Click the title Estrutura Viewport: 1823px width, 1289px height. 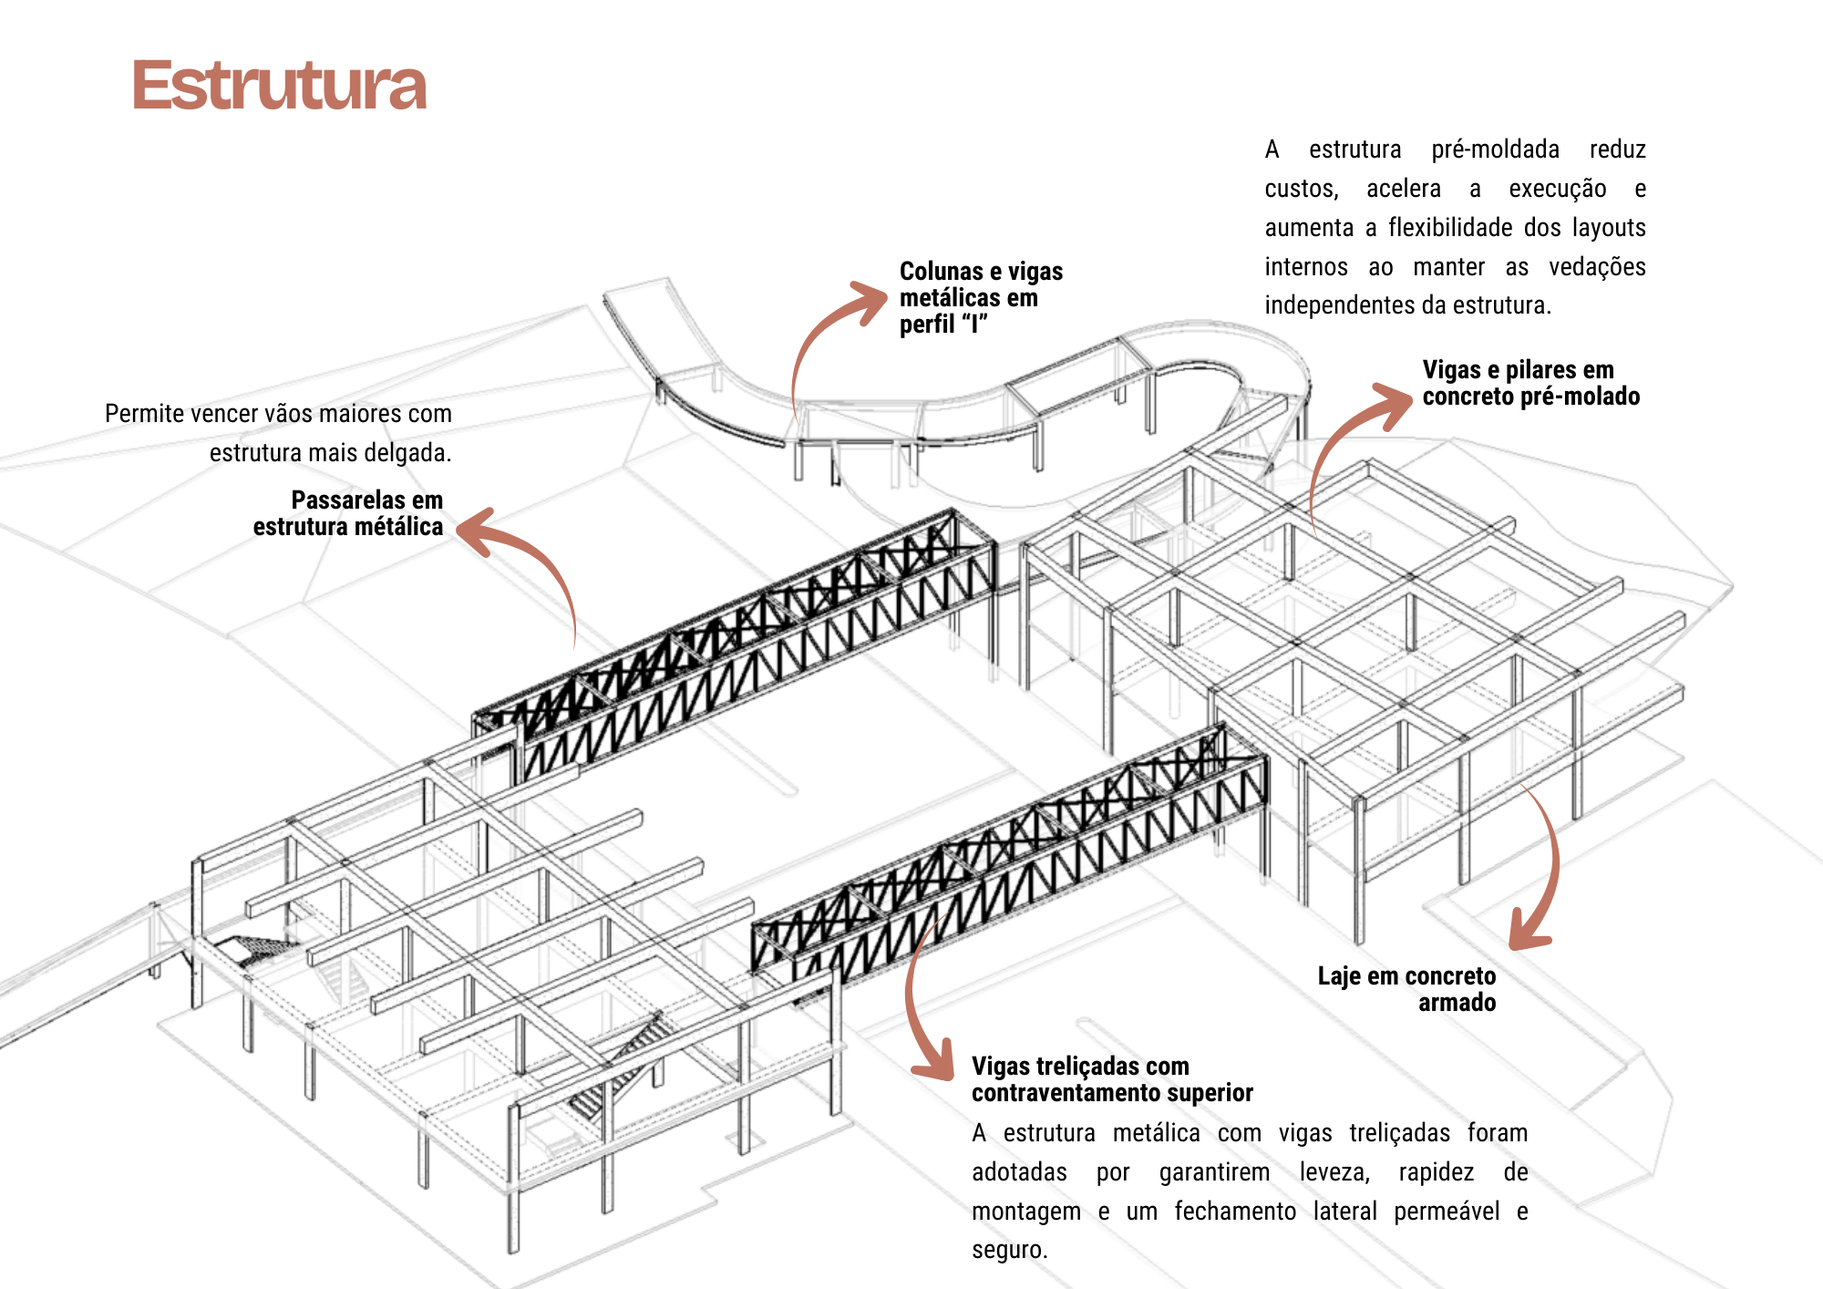(x=278, y=86)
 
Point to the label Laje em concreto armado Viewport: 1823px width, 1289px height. (x=1406, y=989)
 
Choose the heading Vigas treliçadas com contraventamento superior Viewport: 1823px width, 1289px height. (x=1111, y=1079)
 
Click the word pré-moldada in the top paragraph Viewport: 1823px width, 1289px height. (x=1495, y=150)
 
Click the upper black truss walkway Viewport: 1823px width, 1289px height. (x=747, y=638)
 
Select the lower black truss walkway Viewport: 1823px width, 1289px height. (x=1012, y=866)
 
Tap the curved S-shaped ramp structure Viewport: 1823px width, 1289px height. (x=957, y=410)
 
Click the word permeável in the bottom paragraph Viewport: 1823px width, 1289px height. (x=1446, y=1212)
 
